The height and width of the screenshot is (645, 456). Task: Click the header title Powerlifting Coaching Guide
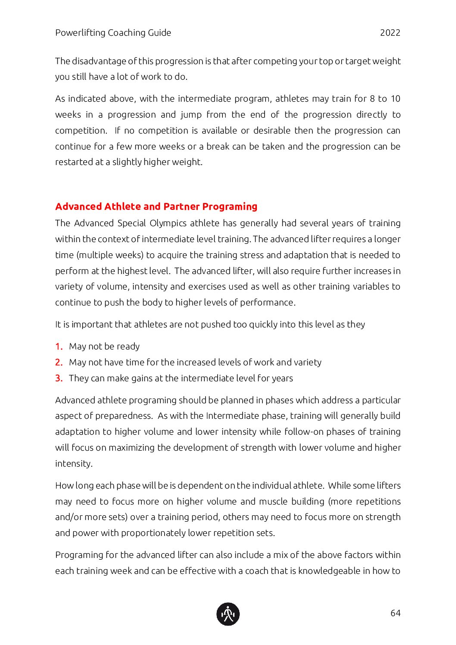point(113,33)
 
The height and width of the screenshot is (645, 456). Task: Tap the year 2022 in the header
point(390,33)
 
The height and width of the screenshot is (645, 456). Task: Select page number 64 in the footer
point(395,613)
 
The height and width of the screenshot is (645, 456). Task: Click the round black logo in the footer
point(228,614)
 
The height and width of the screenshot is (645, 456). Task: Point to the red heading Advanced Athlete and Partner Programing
point(156,206)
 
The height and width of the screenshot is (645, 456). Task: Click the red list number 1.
point(59,346)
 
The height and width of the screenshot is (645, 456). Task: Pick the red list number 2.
point(59,362)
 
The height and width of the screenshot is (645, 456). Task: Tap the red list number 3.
point(59,378)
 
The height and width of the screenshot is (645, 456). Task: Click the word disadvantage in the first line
point(99,61)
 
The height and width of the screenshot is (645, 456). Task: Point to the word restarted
point(72,162)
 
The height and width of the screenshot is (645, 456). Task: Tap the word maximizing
point(131,448)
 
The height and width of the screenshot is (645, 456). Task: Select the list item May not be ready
point(104,346)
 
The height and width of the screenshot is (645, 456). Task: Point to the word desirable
point(272,131)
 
